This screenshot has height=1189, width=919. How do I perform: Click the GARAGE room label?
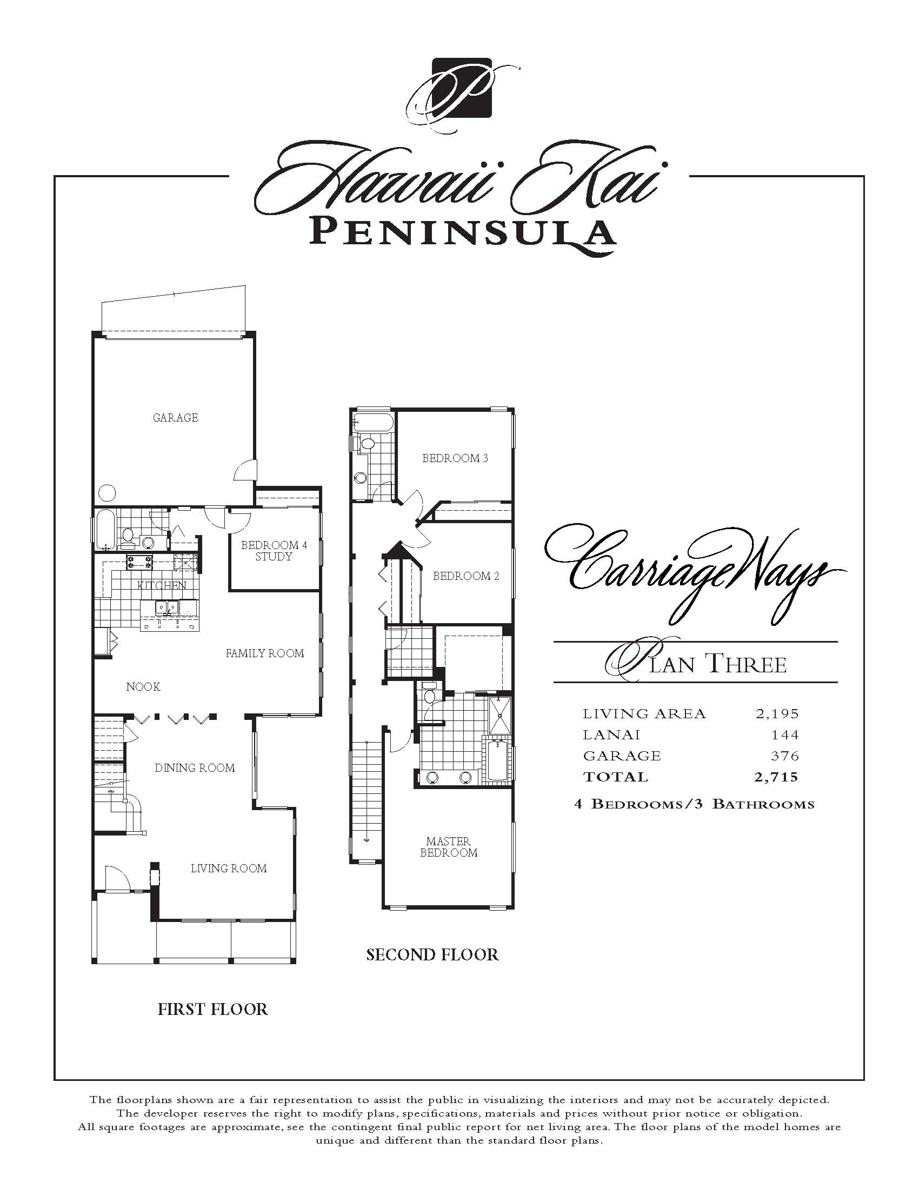click(175, 418)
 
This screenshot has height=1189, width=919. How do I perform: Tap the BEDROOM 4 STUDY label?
click(274, 550)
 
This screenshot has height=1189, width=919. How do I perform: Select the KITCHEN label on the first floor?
click(162, 585)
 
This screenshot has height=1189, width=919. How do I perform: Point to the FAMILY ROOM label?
click(264, 653)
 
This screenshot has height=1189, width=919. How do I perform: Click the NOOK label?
click(143, 686)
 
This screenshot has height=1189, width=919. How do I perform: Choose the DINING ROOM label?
click(195, 767)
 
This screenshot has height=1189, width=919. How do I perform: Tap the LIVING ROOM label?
click(229, 868)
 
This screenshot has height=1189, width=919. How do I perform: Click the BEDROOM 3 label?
click(455, 458)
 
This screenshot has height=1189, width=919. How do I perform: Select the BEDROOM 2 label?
click(466, 576)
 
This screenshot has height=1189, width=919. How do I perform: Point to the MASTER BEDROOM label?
click(449, 846)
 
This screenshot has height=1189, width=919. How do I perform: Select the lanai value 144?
click(784, 734)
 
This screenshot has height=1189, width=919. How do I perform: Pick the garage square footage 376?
click(784, 756)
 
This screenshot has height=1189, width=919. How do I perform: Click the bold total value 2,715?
click(776, 777)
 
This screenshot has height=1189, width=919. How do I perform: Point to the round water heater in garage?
click(107, 493)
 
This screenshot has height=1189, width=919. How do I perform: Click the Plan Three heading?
click(696, 662)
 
